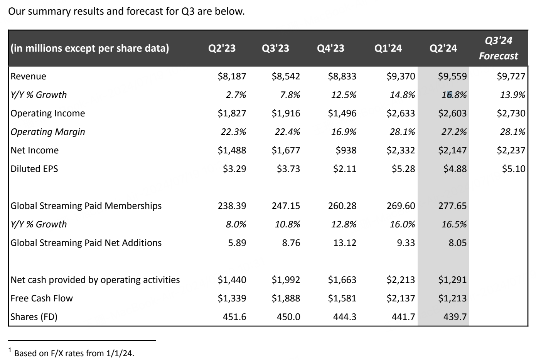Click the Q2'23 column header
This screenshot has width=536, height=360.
tap(222, 48)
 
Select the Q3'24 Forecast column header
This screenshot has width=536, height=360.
tap(498, 48)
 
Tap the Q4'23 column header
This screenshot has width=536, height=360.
tap(330, 48)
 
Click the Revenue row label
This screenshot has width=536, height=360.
tap(28, 76)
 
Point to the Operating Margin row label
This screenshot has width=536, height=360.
tap(47, 132)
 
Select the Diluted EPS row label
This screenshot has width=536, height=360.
tap(34, 169)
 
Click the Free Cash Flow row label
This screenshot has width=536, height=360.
tap(41, 298)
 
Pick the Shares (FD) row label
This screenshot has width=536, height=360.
tap(34, 317)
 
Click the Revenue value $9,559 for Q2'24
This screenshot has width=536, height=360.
tap(452, 76)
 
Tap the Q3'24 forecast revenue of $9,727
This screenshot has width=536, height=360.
tap(511, 76)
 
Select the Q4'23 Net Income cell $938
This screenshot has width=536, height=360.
tap(346, 150)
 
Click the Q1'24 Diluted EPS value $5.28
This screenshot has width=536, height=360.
tap(403, 169)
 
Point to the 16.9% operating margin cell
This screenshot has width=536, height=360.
tap(344, 132)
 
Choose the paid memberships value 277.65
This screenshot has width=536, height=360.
tap(452, 206)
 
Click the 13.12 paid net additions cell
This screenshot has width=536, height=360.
tap(345, 243)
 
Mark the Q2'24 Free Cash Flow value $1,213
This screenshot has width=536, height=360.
tap(452, 298)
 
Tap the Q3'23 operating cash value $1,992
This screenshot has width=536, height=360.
tap(286, 280)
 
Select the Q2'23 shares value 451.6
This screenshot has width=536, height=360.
tap(234, 317)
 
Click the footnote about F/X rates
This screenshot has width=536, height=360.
tap(74, 353)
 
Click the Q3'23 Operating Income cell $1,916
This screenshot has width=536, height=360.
tap(286, 113)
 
